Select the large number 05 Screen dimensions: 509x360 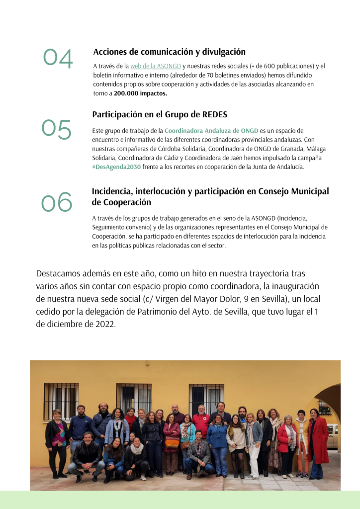pos(56,130)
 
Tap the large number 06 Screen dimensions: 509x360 pos(56,202)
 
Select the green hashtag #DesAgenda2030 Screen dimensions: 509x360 pos(116,167)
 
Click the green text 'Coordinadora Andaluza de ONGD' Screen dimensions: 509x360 pos(211,131)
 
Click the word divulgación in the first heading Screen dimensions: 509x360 pos(221,51)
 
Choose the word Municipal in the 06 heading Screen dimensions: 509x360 pos(306,191)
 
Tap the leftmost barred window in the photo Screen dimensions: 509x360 pos(61,401)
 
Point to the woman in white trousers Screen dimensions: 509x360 pos(254,442)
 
